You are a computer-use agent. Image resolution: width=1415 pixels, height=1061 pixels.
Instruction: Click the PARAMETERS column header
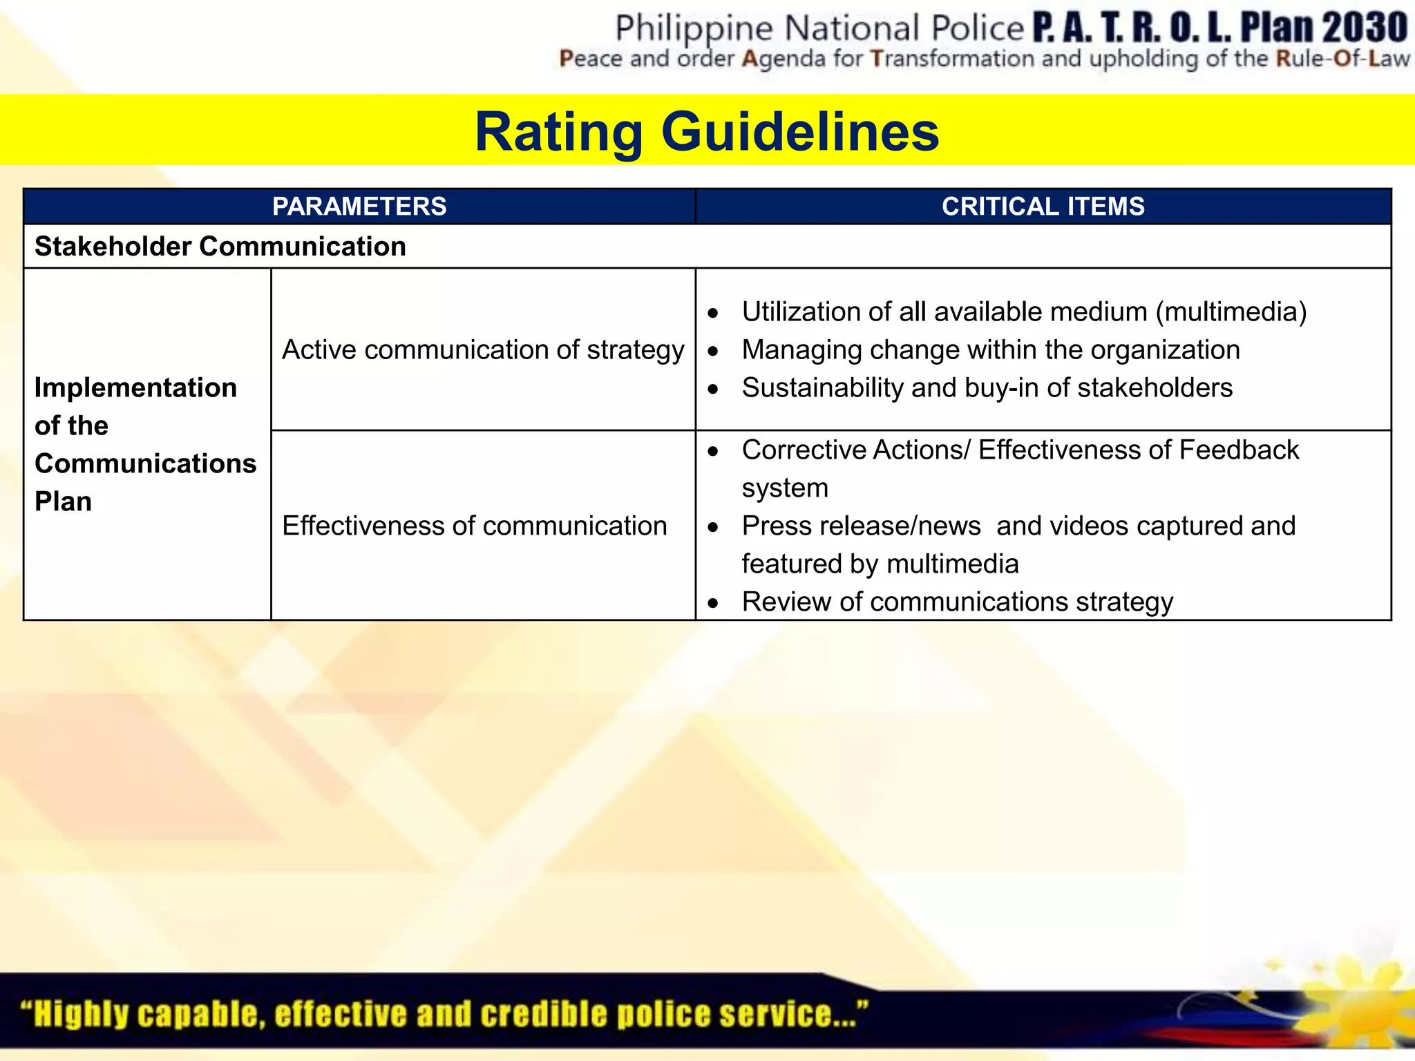359,207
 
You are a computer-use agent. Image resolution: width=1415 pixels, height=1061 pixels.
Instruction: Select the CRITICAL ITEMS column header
1043,207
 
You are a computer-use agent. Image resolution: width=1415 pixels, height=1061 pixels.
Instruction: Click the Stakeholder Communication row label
220,247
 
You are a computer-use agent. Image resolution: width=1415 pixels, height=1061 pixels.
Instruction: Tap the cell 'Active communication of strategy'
483,350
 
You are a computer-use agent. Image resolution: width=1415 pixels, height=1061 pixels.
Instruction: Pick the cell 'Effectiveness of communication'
475,526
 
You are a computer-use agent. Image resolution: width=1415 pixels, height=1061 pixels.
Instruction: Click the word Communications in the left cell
146,463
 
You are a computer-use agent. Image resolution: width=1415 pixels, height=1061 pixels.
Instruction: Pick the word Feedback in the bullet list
1239,450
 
